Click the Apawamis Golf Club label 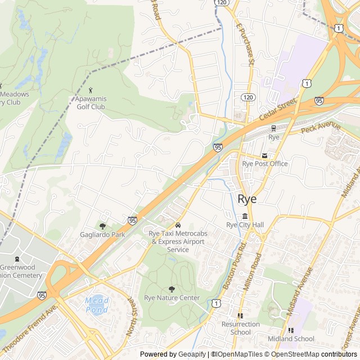pyautogui.click(x=91, y=102)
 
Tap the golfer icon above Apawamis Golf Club pyautogui.click(x=91, y=90)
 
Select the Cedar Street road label pyautogui.click(x=278, y=111)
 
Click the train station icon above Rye pyautogui.click(x=274, y=128)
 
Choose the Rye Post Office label pyautogui.click(x=265, y=164)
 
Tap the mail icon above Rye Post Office pyautogui.click(x=264, y=155)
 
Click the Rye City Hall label pyautogui.click(x=245, y=225)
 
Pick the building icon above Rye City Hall pyautogui.click(x=245, y=217)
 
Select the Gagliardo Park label pyautogui.click(x=102, y=234)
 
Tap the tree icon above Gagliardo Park pyautogui.click(x=102, y=226)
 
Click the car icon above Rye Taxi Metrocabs pyautogui.click(x=178, y=225)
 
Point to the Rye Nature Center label pyautogui.click(x=172, y=298)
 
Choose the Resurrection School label pyautogui.click(x=241, y=328)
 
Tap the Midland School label pyautogui.click(x=291, y=339)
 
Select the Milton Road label pyautogui.click(x=252, y=272)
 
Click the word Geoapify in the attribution pyautogui.click(x=192, y=354)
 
